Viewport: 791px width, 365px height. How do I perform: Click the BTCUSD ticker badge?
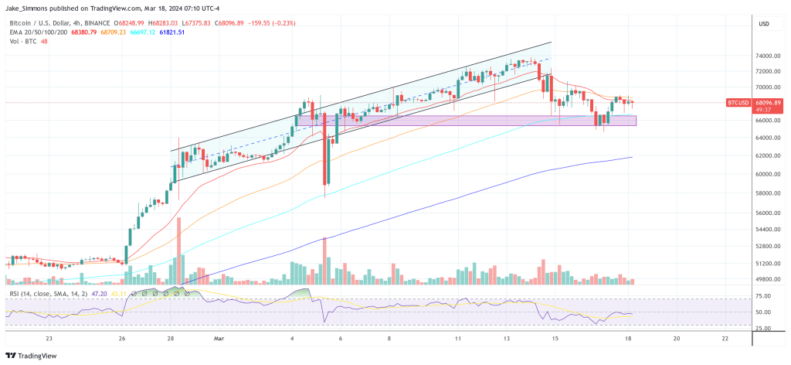coord(738,102)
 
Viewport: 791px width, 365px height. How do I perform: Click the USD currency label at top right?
coord(765,23)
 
